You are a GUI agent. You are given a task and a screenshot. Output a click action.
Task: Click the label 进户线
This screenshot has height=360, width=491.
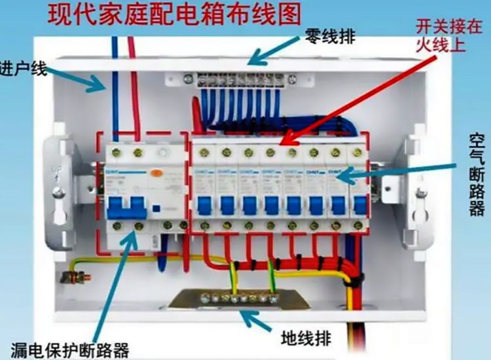pos(24,68)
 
